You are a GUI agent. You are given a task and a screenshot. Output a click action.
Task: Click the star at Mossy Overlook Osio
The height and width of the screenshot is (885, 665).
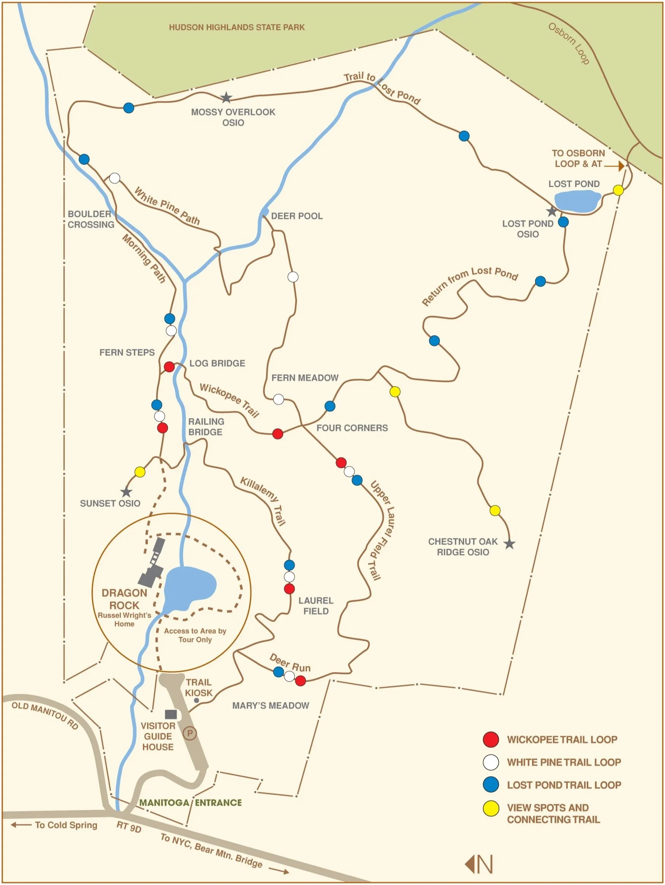tap(226, 97)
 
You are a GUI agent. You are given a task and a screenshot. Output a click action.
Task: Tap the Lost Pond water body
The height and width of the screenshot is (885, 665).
tap(577, 201)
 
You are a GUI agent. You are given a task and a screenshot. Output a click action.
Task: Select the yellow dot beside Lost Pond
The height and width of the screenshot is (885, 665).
tap(618, 190)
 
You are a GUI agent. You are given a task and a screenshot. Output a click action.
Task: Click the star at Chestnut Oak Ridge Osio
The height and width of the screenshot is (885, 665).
tap(509, 544)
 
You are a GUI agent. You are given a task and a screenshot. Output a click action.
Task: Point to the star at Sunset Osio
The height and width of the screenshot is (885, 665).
tap(126, 492)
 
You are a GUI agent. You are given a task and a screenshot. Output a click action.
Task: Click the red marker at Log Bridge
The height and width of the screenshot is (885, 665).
tap(169, 366)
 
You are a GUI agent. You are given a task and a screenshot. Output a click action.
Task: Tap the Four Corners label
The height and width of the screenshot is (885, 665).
tap(352, 428)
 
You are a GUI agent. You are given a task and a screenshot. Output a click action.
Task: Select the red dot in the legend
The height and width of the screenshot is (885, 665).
tap(491, 739)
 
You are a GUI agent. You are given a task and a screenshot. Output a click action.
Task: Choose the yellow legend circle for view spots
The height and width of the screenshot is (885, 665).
tap(491, 808)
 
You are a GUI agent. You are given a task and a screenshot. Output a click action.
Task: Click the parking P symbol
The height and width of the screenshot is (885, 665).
tap(190, 734)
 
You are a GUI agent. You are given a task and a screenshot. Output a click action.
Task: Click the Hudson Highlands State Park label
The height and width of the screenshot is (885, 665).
tap(237, 27)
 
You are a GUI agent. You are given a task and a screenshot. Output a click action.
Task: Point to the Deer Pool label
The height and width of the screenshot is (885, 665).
tap(297, 216)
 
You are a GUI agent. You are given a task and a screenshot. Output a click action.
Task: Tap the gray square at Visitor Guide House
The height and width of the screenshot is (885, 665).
tap(171, 714)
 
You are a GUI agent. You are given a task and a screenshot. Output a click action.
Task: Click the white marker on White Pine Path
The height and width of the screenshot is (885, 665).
tap(114, 178)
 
